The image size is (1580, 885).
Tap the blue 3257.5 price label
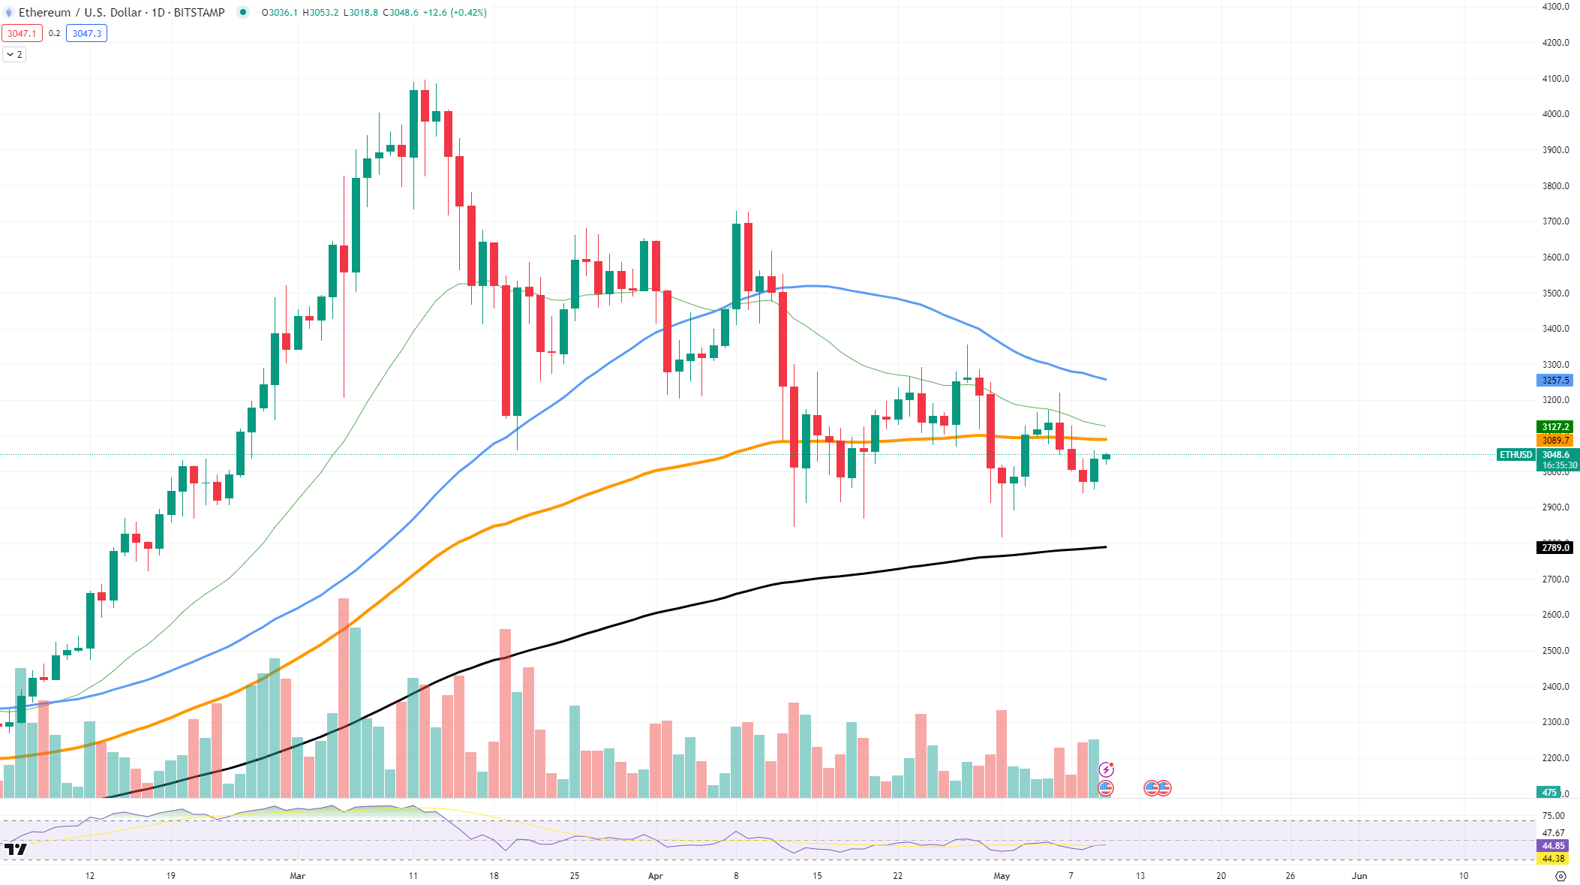1554,381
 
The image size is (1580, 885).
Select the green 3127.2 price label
1554,427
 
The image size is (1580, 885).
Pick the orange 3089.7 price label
1554,441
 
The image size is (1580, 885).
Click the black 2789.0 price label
1554,548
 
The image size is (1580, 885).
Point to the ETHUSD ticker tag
1515,455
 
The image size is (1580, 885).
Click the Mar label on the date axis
298,876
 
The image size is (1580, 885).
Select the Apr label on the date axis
656,876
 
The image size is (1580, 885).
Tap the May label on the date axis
1002,876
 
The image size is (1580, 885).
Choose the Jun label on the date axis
1359,876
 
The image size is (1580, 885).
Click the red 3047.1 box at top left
22,33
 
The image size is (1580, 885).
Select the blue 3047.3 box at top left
86,33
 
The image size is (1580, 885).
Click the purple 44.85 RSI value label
1553,846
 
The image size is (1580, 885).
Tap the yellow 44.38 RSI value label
1553,859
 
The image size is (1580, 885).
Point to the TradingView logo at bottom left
15,849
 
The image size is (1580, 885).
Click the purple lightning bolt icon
1106,769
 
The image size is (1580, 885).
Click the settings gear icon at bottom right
1561,876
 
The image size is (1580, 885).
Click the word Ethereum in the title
44,13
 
